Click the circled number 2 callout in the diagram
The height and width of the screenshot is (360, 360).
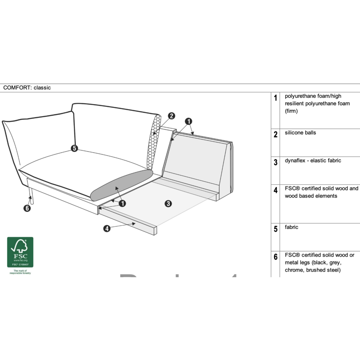click(x=172, y=116)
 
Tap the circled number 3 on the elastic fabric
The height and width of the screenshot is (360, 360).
click(x=168, y=204)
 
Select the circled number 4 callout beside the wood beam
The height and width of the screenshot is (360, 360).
click(x=107, y=229)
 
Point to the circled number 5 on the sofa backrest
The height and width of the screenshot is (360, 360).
click(x=74, y=148)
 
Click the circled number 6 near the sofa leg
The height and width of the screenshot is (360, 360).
click(x=27, y=208)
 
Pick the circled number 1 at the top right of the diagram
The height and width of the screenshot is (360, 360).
click(x=189, y=121)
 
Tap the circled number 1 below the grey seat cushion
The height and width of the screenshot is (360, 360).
click(x=122, y=203)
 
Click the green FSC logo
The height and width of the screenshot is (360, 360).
click(x=20, y=252)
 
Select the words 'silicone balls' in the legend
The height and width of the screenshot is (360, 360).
click(x=300, y=133)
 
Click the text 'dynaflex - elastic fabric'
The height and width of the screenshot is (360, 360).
click(x=313, y=161)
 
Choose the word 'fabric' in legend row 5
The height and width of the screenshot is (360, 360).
click(x=292, y=227)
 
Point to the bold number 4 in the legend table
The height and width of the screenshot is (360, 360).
click(x=276, y=190)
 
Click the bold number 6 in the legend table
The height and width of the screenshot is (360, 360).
click(x=276, y=257)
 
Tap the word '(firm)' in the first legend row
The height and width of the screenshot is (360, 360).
click(x=291, y=111)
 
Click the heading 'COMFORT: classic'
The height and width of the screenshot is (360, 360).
click(x=27, y=88)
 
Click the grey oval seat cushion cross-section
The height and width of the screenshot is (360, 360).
click(x=121, y=185)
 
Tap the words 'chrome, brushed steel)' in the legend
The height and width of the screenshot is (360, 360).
click(x=313, y=270)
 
